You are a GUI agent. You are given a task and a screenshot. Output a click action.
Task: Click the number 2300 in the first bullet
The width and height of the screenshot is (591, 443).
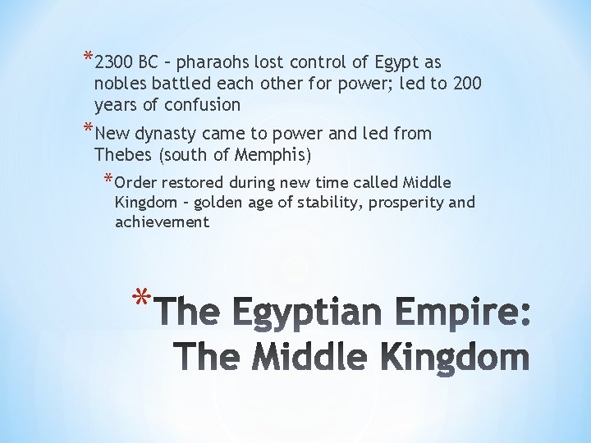point(114,62)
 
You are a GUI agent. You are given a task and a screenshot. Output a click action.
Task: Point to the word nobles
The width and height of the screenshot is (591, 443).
point(119,84)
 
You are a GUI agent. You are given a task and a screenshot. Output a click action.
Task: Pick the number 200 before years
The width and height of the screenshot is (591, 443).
point(466,84)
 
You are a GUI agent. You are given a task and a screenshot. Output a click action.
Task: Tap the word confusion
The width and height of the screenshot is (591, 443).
point(202,105)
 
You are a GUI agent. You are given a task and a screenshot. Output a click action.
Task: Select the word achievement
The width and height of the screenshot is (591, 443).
point(162,221)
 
